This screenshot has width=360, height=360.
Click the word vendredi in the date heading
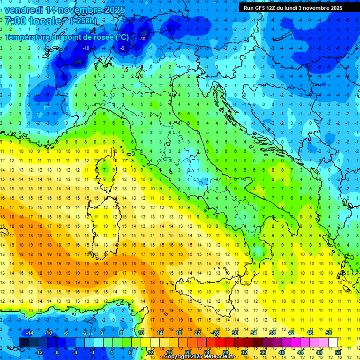point(24,10)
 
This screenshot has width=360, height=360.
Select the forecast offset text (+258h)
point(83,21)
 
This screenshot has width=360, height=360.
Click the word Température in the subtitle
point(29,37)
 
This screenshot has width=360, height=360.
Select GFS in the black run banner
point(262,8)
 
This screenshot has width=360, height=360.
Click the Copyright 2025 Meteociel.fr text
point(199,357)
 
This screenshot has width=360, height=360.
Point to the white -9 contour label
point(122,48)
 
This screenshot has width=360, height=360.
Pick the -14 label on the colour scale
point(30,333)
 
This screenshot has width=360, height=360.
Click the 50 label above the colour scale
point(328,333)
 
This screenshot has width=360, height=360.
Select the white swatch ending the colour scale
point(333,342)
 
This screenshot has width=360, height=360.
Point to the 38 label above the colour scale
point(272,333)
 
